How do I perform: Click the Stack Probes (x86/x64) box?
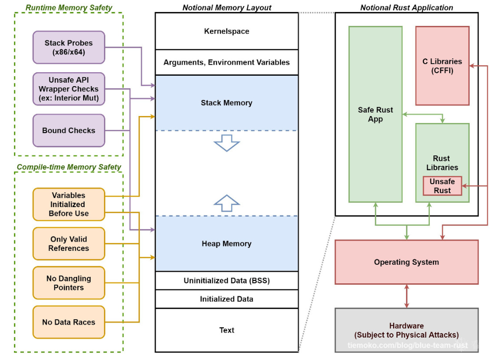point(69,47)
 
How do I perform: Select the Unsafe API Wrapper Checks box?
point(69,89)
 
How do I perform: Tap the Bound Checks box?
point(69,130)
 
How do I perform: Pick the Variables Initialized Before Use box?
point(69,204)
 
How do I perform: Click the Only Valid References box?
point(69,243)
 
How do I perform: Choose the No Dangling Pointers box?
point(69,283)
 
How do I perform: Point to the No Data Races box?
point(69,322)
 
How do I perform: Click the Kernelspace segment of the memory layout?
point(226,31)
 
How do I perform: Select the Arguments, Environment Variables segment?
point(226,62)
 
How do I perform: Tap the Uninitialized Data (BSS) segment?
point(226,280)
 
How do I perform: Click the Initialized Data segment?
point(226,299)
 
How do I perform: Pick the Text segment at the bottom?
point(226,330)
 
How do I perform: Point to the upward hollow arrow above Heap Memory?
point(226,201)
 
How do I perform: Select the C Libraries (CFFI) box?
point(442,66)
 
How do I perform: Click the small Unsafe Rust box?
point(442,186)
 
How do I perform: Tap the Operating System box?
point(406,262)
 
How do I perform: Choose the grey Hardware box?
point(406,330)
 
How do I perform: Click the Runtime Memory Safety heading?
point(69,7)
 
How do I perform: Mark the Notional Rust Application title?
point(406,7)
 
